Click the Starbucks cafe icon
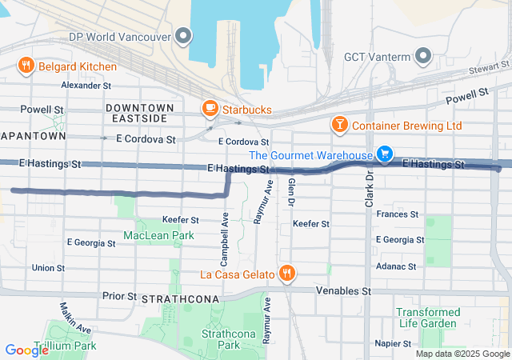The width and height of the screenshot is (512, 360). [210, 109]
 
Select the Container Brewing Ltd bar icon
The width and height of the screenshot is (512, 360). [340, 126]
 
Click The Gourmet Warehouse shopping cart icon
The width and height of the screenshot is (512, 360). [385, 154]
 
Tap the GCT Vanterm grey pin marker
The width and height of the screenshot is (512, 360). [423, 56]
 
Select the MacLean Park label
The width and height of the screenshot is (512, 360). [158, 236]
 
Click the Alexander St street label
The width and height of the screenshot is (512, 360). [86, 85]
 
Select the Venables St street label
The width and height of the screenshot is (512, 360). [344, 291]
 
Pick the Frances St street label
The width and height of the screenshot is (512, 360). [397, 214]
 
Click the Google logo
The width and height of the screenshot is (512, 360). [27, 350]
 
